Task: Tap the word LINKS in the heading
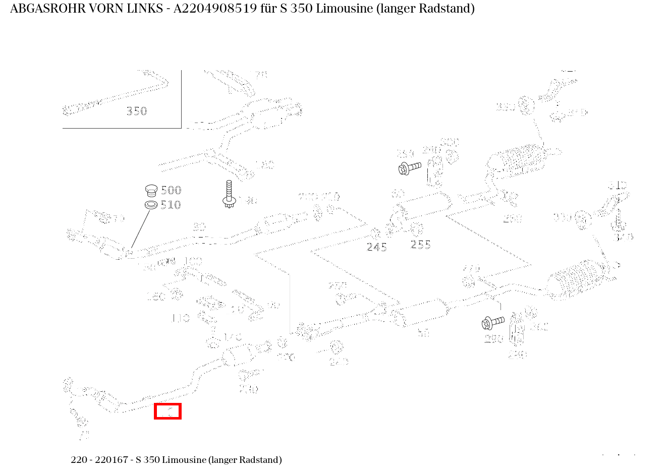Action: coord(147,9)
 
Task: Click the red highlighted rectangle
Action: coord(168,411)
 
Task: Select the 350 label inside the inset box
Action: coord(136,111)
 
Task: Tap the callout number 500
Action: coord(171,190)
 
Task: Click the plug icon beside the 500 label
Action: coord(151,190)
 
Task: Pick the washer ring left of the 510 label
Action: coord(151,205)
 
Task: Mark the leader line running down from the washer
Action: coord(140,229)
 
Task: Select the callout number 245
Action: coord(376,247)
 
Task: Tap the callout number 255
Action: coord(421,245)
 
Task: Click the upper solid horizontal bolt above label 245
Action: coord(409,167)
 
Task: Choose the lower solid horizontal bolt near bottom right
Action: coord(493,322)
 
